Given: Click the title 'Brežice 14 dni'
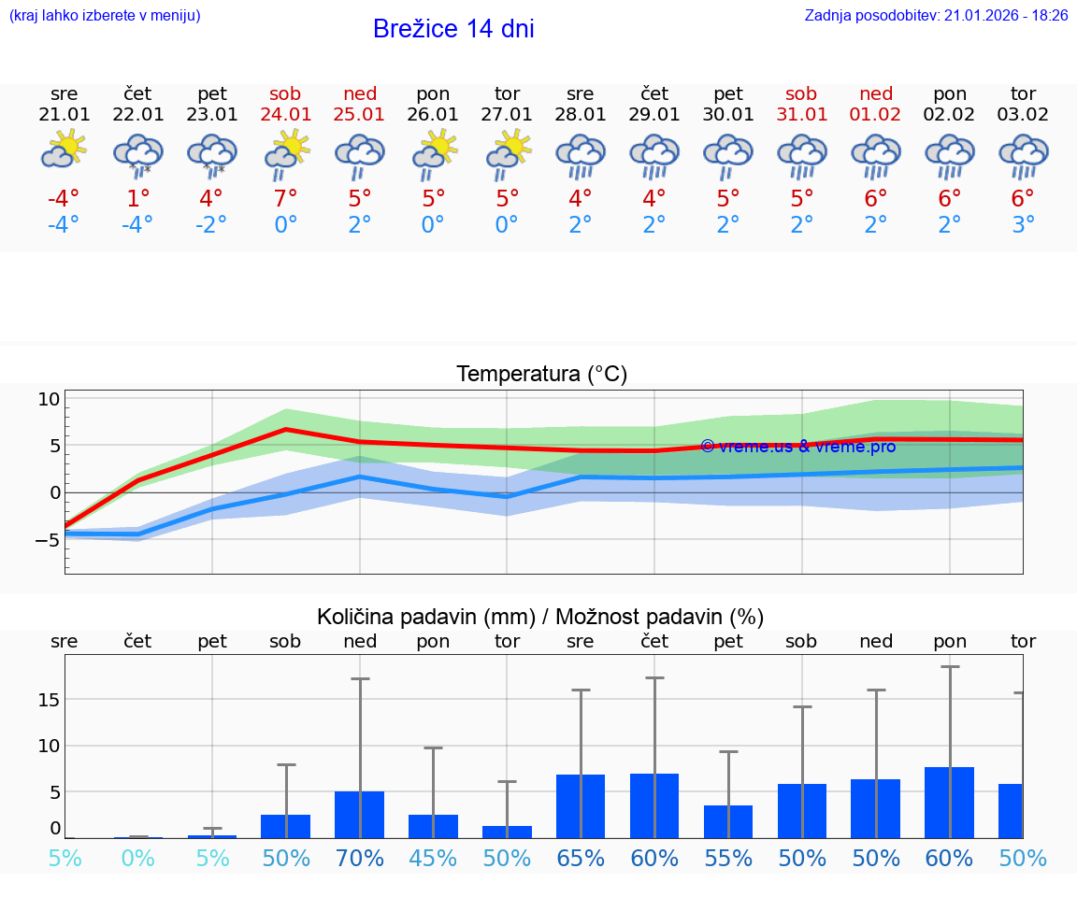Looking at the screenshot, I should point(453,29).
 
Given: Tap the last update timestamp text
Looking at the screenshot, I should point(936,16).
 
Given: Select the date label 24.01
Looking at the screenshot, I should point(285,114).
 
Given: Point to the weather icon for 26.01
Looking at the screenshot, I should point(433,153).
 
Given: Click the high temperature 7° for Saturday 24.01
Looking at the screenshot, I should point(285,198).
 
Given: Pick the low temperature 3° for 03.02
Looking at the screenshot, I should point(1023,224).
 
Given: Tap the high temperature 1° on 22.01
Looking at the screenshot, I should point(137,198).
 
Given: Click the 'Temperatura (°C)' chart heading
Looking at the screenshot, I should point(541,375).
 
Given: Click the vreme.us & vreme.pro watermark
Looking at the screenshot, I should point(797,447).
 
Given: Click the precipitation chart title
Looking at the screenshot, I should point(540,617).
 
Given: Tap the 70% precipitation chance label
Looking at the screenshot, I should point(359,858).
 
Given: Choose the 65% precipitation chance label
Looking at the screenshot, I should point(581,858).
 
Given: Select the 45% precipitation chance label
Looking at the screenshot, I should point(433,858).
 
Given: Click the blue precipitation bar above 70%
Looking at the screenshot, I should point(359,815).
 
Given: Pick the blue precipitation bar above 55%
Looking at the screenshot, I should point(728,822).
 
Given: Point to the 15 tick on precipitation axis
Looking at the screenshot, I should point(49,700).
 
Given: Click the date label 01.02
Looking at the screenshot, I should point(876,114).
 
